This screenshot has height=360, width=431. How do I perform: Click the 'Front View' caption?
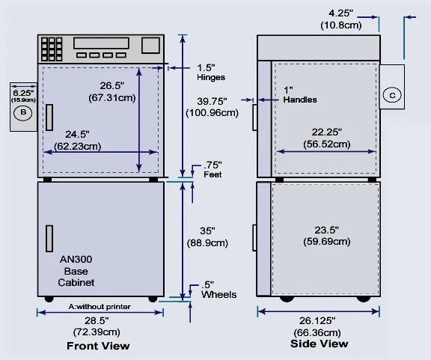98,346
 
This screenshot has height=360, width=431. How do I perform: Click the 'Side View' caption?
319,344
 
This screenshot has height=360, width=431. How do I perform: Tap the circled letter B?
23,112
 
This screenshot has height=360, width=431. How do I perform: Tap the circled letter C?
392,95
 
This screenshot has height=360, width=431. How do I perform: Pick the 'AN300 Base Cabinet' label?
76,271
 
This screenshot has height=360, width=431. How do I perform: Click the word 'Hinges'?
211,77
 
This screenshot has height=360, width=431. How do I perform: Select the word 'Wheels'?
218,295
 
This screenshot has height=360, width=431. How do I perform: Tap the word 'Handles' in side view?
300,100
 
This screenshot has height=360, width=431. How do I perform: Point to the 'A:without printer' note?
100,306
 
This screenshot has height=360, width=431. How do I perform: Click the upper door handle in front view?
49,118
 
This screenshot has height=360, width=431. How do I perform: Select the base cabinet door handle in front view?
49,239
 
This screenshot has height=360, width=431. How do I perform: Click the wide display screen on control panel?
101,43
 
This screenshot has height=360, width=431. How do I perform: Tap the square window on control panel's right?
150,45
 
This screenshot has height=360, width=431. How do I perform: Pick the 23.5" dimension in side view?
327,236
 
